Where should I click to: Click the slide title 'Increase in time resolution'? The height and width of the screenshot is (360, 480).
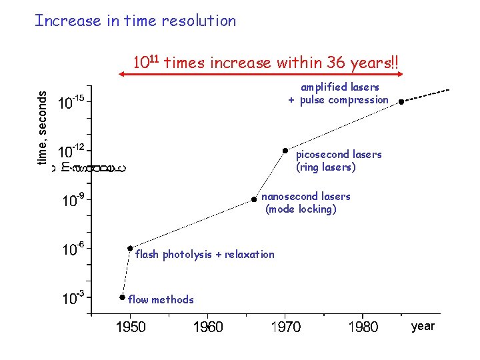(135, 21)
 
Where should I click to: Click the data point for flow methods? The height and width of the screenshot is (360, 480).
(122, 297)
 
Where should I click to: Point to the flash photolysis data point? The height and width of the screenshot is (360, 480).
(130, 248)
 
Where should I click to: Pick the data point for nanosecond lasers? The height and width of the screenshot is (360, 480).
(254, 199)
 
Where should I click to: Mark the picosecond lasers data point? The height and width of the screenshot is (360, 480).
(285, 151)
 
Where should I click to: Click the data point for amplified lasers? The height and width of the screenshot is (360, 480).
(401, 102)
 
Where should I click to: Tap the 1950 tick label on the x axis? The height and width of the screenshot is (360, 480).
(131, 327)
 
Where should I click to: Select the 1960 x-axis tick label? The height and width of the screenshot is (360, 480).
(208, 327)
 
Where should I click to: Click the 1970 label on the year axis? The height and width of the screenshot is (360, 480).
(285, 327)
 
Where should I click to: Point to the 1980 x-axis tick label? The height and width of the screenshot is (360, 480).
(363, 327)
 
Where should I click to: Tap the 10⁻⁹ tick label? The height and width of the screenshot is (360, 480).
(73, 200)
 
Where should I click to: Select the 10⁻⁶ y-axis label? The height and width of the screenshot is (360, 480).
(73, 249)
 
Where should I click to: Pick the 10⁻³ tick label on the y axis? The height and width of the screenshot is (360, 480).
(73, 298)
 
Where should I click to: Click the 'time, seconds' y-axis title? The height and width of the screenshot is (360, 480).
(42, 128)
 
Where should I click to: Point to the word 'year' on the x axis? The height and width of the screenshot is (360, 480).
(423, 326)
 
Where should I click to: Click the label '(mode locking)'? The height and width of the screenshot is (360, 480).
(301, 209)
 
